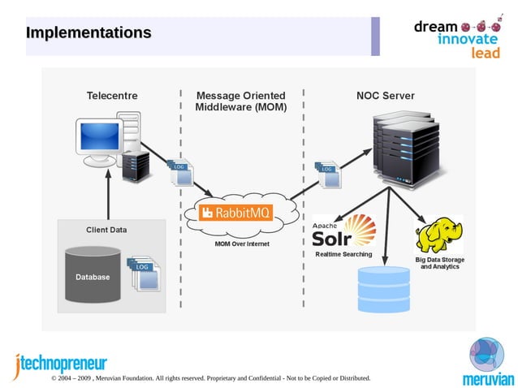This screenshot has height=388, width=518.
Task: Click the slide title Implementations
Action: (x=88, y=33)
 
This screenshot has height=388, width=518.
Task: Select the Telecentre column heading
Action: (x=112, y=96)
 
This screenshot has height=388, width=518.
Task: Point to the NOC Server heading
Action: (x=385, y=96)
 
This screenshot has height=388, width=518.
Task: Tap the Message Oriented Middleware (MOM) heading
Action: (x=241, y=101)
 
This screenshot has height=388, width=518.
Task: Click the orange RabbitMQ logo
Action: (x=237, y=213)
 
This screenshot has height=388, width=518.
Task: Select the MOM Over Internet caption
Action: (x=242, y=244)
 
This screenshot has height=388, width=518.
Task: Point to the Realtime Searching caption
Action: (x=343, y=254)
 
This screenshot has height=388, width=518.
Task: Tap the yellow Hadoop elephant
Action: (x=438, y=235)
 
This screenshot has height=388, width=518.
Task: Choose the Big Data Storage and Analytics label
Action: (x=439, y=263)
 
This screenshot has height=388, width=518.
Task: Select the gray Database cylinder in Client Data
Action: (x=93, y=275)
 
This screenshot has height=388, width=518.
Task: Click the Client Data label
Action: (x=106, y=230)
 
